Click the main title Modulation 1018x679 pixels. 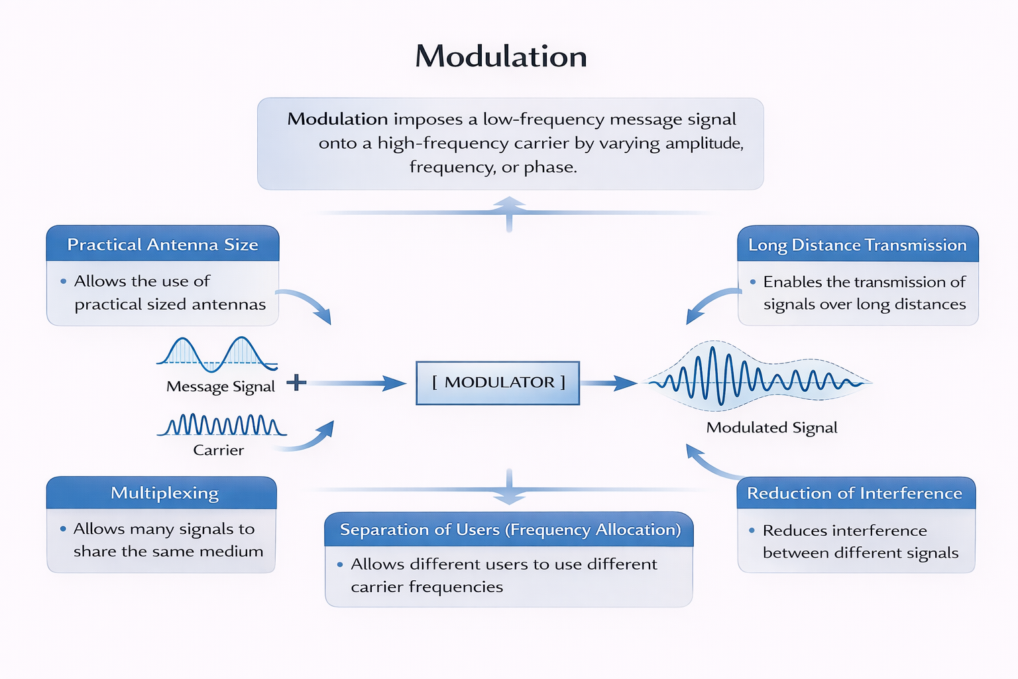501,56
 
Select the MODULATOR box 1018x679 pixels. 498,383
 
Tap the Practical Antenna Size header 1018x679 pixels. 162,245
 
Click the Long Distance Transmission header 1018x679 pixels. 857,245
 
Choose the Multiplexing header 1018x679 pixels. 164,493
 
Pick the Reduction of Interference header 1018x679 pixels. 854,493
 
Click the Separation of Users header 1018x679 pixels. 510,529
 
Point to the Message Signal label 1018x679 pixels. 220,387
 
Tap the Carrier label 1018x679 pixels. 218,450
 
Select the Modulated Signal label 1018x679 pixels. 771,428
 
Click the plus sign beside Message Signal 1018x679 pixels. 296,382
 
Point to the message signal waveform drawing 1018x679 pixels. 217,353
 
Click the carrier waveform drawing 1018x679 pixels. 222,424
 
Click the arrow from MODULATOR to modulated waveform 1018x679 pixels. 608,383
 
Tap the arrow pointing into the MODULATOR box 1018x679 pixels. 358,383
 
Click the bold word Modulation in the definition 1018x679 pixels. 337,119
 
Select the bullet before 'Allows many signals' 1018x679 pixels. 63,528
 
